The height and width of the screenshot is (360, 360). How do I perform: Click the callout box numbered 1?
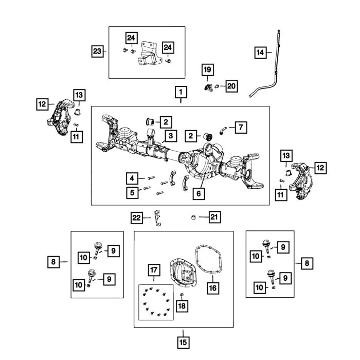pyautogui.click(x=181, y=93)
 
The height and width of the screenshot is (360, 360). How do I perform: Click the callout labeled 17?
pyautogui.click(x=153, y=271)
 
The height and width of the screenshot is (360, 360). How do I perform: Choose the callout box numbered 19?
pyautogui.click(x=207, y=69)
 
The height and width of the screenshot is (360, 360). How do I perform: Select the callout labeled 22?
pyautogui.click(x=136, y=218)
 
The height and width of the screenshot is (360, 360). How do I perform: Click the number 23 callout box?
pyautogui.click(x=98, y=51)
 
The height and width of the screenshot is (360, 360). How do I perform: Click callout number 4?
pyautogui.click(x=133, y=178)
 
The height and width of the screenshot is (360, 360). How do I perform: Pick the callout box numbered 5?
pyautogui.click(x=133, y=193)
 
